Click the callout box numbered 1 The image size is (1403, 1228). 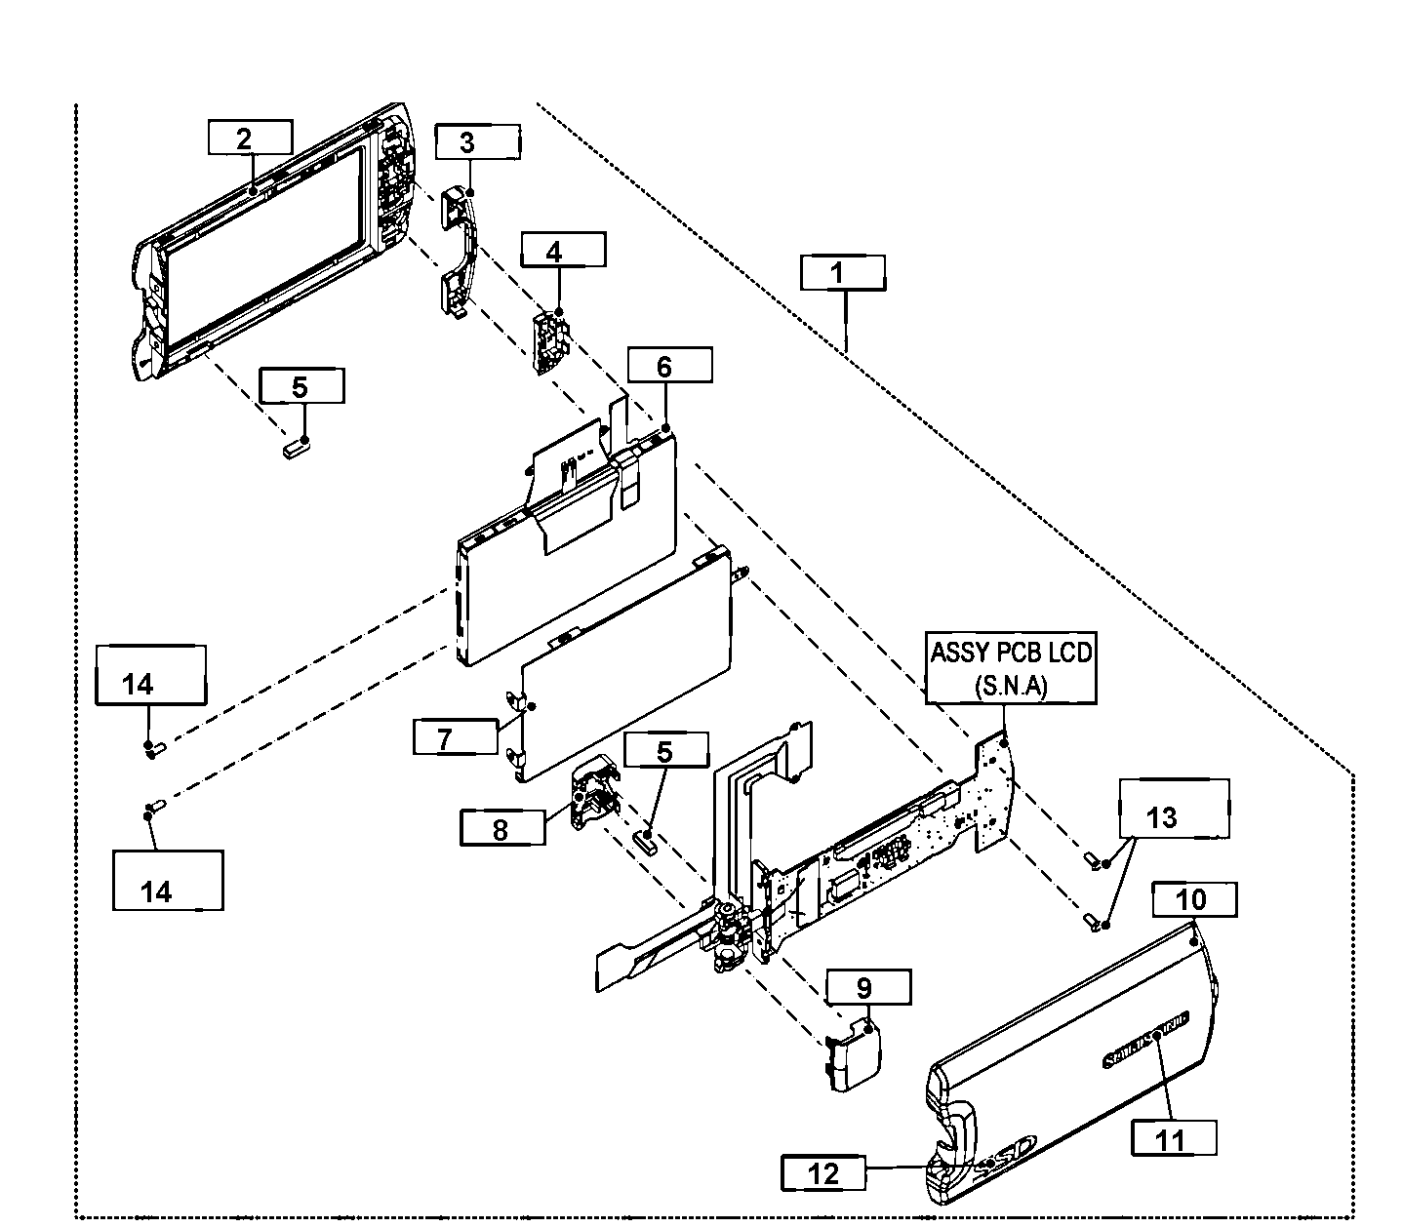(x=843, y=272)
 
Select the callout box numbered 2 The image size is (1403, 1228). (x=250, y=138)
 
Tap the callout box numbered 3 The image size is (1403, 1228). (x=477, y=141)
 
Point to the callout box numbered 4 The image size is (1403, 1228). (x=562, y=250)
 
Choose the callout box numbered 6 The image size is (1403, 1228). (x=669, y=366)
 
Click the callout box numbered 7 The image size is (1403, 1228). (x=455, y=737)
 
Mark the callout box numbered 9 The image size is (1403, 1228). (x=868, y=987)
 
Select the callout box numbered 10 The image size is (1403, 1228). (x=1194, y=899)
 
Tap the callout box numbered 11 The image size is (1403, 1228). (x=1174, y=1138)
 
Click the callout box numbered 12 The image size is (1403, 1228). (x=823, y=1172)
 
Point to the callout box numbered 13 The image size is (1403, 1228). (x=1174, y=808)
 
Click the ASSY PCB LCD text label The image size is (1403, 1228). (x=1011, y=668)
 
